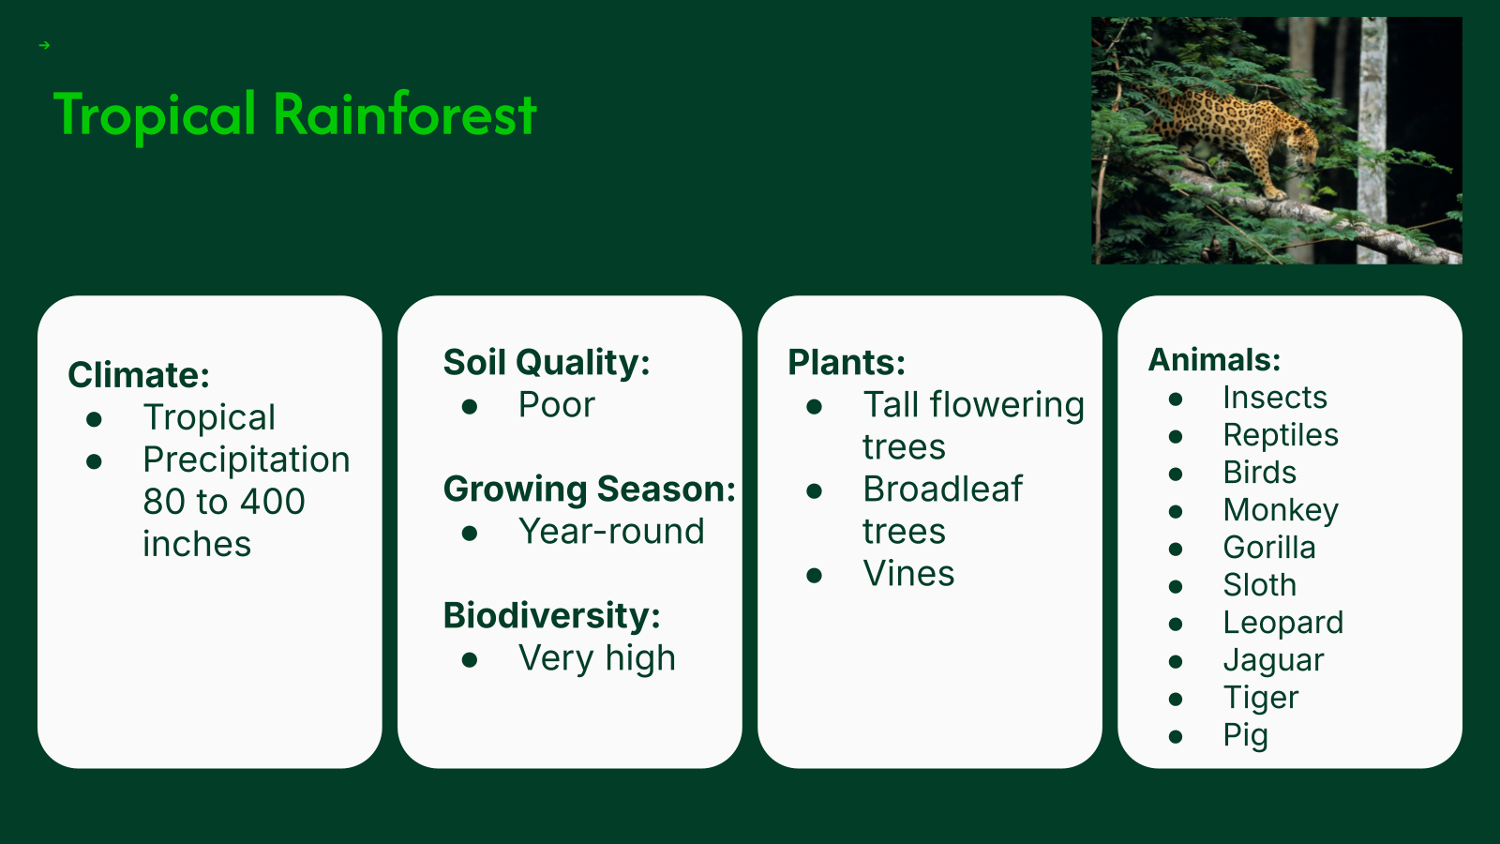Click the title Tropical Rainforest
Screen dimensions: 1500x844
(x=294, y=115)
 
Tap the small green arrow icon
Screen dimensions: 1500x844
(x=45, y=46)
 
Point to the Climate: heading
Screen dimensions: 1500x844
(x=139, y=374)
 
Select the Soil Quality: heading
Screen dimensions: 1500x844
(x=547, y=362)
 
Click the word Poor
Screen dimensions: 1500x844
(x=557, y=404)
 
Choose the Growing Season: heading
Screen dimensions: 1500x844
(x=590, y=489)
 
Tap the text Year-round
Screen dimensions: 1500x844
(x=611, y=531)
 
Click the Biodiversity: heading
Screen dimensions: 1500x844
(x=552, y=615)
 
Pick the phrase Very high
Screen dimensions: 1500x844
(x=596, y=657)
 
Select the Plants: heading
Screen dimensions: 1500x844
(x=847, y=362)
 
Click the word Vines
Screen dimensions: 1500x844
(x=908, y=573)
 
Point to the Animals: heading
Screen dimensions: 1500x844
(x=1214, y=360)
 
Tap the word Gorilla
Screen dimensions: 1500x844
(x=1269, y=548)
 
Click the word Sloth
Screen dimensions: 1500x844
(x=1260, y=585)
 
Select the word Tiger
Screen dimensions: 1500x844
(x=1261, y=698)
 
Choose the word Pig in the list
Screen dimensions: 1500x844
(x=1246, y=735)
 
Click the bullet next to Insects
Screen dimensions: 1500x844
(x=1176, y=399)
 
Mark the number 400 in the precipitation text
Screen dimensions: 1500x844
(x=273, y=501)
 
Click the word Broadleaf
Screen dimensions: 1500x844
(x=943, y=489)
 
